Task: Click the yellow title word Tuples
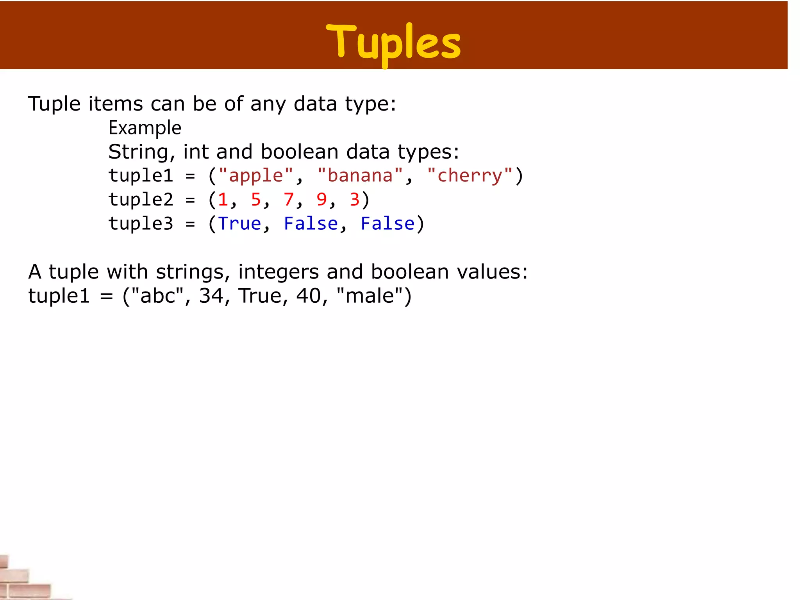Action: click(393, 42)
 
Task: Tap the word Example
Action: click(145, 128)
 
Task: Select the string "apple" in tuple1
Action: click(256, 175)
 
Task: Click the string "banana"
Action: click(360, 175)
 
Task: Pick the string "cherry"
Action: click(470, 175)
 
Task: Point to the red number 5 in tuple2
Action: click(256, 200)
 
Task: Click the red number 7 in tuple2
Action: click(289, 200)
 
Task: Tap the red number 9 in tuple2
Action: click(321, 200)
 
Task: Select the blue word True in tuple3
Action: click(239, 224)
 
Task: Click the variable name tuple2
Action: click(141, 200)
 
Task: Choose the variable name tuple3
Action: click(141, 224)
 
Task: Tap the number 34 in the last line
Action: click(211, 296)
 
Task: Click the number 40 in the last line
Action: click(309, 296)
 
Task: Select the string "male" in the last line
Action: click(370, 296)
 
